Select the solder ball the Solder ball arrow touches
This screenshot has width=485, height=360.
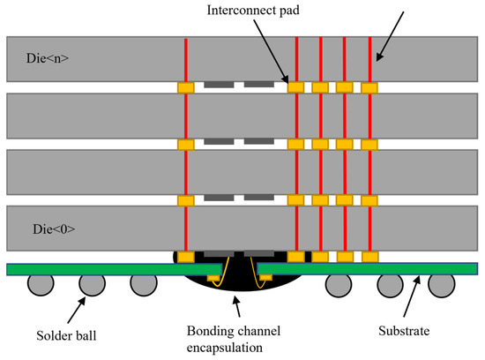[90, 284]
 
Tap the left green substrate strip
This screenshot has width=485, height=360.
[88, 268]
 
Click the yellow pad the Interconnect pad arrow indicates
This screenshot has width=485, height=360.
[295, 87]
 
